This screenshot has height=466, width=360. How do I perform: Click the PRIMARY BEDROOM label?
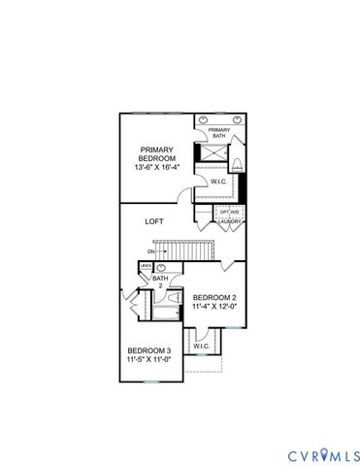click(x=156, y=155)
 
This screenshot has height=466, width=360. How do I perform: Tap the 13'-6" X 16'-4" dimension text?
click(x=156, y=168)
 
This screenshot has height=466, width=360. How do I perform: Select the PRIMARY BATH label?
click(x=218, y=132)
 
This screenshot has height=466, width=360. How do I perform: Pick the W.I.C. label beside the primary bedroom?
click(x=219, y=181)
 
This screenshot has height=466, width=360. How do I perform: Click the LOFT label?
click(x=154, y=221)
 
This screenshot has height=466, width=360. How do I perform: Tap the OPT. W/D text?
click(x=229, y=212)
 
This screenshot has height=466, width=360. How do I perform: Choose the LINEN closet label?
click(x=147, y=266)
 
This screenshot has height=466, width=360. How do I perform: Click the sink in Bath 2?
click(x=162, y=267)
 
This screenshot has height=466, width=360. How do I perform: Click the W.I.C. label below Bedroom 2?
click(x=202, y=346)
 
